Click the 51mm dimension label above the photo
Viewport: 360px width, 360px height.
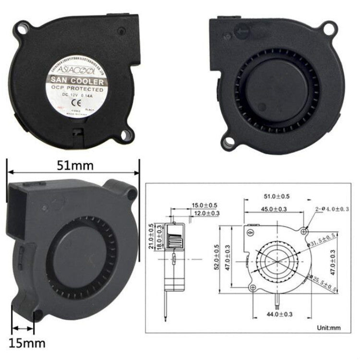click(x=72, y=166)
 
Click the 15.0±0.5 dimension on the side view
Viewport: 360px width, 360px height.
click(x=205, y=205)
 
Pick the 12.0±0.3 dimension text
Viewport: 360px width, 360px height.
click(x=206, y=213)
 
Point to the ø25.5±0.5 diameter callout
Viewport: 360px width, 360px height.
click(x=323, y=285)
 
